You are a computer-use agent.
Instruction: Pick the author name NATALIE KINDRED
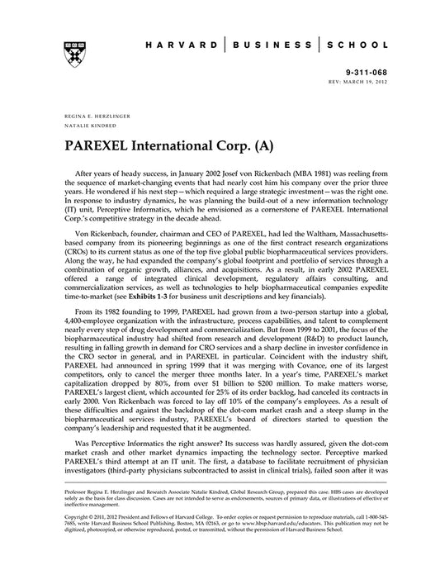coord(86,127)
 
